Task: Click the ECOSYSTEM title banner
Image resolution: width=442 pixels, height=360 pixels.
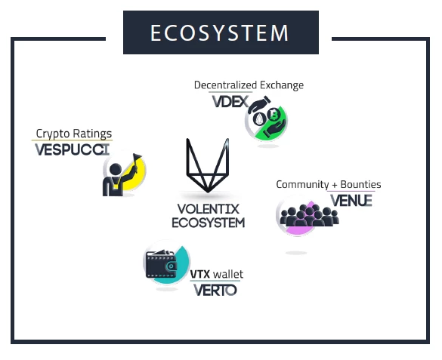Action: (x=221, y=32)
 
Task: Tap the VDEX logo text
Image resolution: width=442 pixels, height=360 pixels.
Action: (x=230, y=102)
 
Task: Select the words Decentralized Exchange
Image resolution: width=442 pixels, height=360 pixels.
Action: (x=249, y=85)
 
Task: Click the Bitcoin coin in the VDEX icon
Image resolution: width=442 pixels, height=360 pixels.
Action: (x=274, y=115)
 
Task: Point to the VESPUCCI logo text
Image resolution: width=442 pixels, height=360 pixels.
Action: (x=73, y=149)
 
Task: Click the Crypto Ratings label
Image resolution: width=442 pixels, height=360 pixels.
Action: (x=74, y=134)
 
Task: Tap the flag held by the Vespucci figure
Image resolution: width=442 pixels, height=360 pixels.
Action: (x=137, y=156)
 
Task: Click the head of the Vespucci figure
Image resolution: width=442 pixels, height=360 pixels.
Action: (x=116, y=170)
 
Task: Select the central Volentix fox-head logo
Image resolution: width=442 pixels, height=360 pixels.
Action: (x=207, y=165)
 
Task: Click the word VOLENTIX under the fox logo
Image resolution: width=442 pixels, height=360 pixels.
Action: (x=209, y=209)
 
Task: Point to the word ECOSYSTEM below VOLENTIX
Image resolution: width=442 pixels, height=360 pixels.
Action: (x=209, y=223)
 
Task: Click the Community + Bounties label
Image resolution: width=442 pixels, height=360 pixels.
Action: (x=329, y=185)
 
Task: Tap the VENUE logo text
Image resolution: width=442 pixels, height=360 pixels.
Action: (x=351, y=201)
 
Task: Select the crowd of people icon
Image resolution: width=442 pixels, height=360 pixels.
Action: (x=310, y=216)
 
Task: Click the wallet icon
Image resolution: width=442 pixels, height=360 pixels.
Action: (x=161, y=264)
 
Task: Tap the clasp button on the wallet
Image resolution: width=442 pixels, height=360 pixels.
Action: (x=171, y=266)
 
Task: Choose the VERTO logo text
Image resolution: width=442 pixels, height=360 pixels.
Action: (x=215, y=291)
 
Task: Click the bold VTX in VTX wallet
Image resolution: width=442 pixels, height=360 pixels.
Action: (x=200, y=274)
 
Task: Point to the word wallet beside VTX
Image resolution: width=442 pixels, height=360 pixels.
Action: (x=228, y=274)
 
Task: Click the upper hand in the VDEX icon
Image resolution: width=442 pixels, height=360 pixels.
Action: (x=258, y=104)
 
